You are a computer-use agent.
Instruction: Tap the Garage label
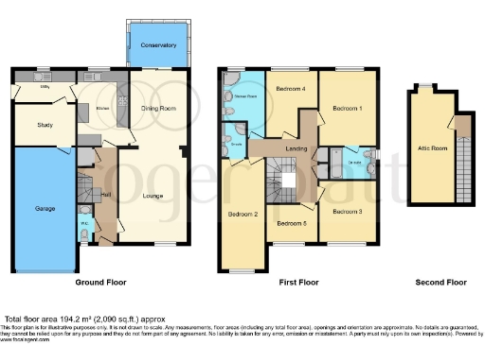point(45,208)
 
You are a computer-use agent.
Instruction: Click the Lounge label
point(153,196)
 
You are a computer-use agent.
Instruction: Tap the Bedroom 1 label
point(347,109)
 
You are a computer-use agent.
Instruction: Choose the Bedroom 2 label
point(243,215)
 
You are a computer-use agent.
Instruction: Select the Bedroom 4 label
point(290,89)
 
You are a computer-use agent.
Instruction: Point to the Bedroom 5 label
point(291,223)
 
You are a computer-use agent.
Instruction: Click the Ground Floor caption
point(101,283)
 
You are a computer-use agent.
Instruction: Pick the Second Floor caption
point(440,283)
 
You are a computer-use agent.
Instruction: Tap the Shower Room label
point(245,96)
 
